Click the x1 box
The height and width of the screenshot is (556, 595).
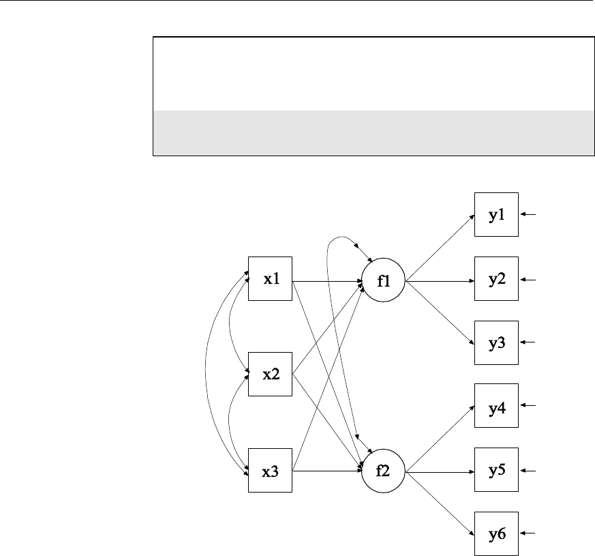[270, 279]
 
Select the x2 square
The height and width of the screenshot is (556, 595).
[270, 375]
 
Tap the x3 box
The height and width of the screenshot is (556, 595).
[270, 471]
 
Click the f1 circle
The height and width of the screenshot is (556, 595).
[383, 280]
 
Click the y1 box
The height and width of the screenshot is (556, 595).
[497, 216]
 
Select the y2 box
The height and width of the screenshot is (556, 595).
[497, 279]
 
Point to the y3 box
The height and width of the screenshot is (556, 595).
[497, 343]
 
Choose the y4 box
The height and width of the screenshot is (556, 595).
[497, 407]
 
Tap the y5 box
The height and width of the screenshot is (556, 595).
[497, 471]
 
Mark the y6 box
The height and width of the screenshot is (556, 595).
[497, 534]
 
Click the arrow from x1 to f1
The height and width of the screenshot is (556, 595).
[326, 280]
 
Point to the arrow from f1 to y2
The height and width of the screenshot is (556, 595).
[440, 280]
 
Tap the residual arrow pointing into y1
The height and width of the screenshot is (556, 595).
[529, 216]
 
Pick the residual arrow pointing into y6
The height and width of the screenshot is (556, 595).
[529, 534]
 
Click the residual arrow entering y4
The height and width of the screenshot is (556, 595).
[529, 407]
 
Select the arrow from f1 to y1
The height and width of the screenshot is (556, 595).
[440, 248]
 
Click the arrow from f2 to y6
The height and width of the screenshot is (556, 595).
[440, 503]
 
